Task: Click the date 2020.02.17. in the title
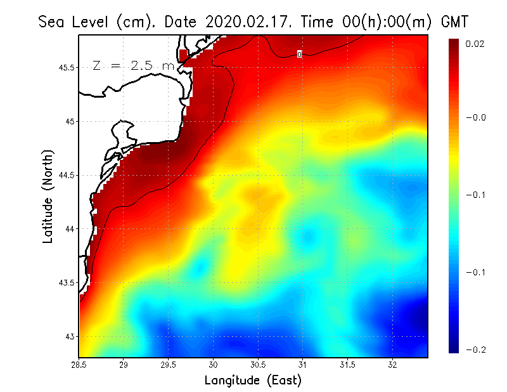[x=247, y=22]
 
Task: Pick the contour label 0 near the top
[x=299, y=55]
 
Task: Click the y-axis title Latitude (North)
[x=48, y=195]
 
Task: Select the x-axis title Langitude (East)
[x=253, y=381]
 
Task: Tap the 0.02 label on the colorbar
[x=475, y=44]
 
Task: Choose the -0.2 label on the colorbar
[x=475, y=350]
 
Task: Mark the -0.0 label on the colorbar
[x=475, y=117]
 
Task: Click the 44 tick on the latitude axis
[x=71, y=228]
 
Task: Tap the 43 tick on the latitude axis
[x=71, y=336]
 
